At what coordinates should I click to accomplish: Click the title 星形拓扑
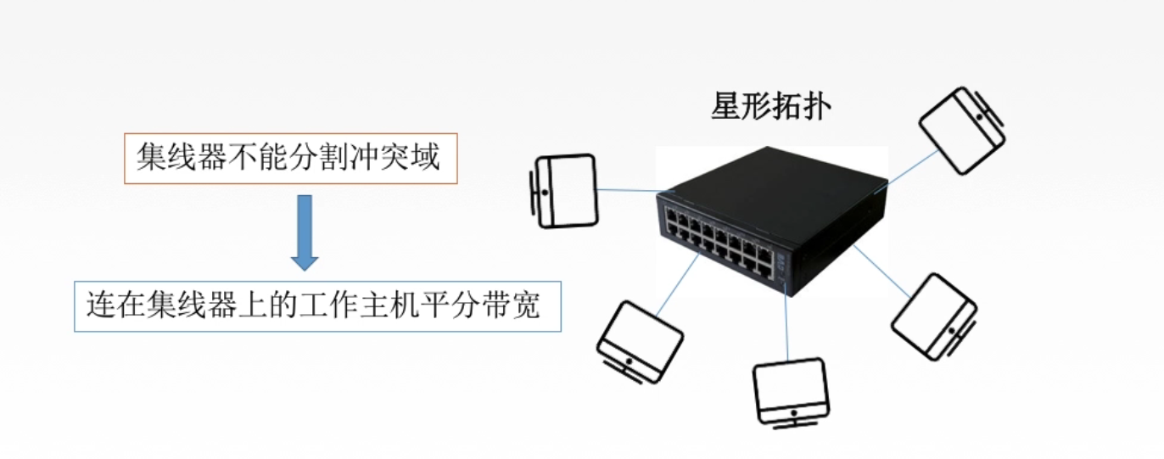click(x=771, y=108)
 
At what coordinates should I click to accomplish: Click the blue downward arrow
click(x=304, y=232)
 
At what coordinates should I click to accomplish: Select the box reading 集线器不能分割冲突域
click(x=290, y=159)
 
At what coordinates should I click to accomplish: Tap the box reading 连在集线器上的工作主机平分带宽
click(x=317, y=305)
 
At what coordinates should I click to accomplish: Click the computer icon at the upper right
click(x=961, y=130)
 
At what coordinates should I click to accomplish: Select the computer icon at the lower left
click(x=639, y=339)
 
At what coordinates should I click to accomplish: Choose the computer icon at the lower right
click(x=934, y=316)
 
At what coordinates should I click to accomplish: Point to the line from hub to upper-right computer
click(x=912, y=167)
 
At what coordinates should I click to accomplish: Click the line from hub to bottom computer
click(x=786, y=327)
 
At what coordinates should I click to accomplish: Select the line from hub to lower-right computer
click(x=882, y=271)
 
